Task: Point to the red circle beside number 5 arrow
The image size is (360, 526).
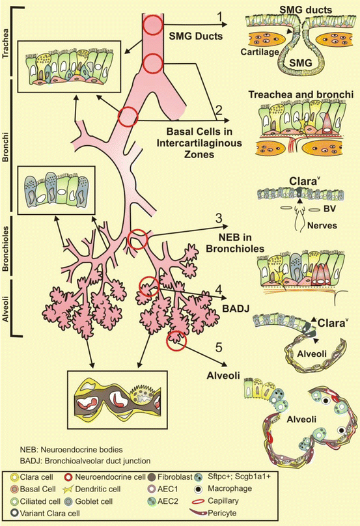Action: [176, 339]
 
